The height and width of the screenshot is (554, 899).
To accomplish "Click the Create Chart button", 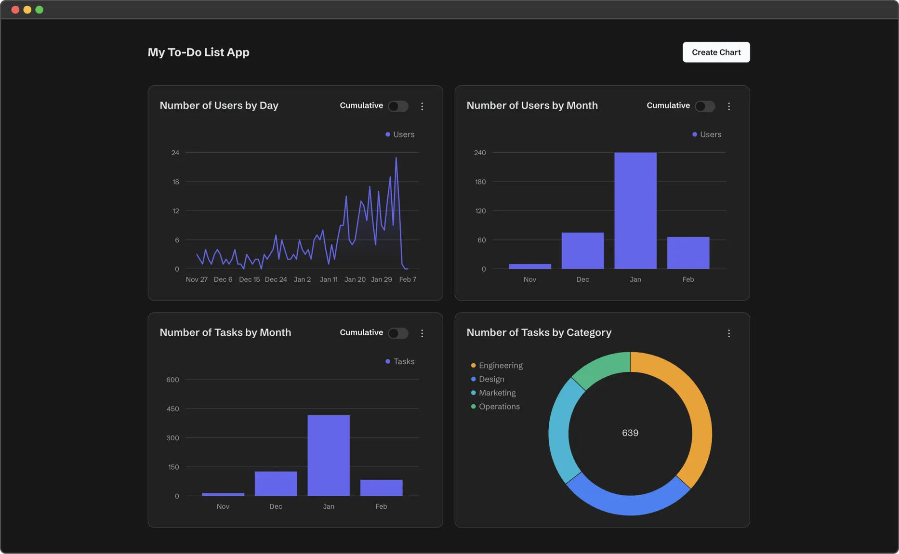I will click(x=716, y=52).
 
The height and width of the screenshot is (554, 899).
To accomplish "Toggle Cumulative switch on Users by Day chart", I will click(x=398, y=106).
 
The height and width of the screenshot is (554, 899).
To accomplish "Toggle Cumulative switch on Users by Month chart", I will click(x=705, y=106).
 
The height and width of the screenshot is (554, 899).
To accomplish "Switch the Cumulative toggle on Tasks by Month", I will click(x=398, y=333).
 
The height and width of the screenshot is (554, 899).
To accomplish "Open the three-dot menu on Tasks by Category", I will click(x=728, y=333).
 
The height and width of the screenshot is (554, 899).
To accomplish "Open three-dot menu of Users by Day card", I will click(x=422, y=106).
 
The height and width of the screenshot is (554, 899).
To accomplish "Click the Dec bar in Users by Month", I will click(x=582, y=251).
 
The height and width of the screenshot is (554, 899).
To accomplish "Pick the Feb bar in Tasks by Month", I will click(x=381, y=488).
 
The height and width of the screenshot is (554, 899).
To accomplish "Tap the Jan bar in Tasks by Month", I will click(x=329, y=455).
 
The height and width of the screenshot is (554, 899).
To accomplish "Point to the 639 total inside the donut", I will click(x=630, y=433).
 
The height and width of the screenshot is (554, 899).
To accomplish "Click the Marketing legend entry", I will click(x=497, y=393).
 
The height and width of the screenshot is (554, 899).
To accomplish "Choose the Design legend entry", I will click(x=491, y=379).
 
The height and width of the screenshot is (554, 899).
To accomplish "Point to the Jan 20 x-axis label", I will click(x=355, y=279).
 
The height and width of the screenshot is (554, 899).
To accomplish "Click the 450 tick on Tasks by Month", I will click(x=172, y=409).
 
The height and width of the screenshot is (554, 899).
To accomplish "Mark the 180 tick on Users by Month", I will click(x=480, y=182).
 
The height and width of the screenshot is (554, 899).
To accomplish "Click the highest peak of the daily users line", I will click(x=396, y=158).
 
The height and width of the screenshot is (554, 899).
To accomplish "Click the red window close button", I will click(x=15, y=10).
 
